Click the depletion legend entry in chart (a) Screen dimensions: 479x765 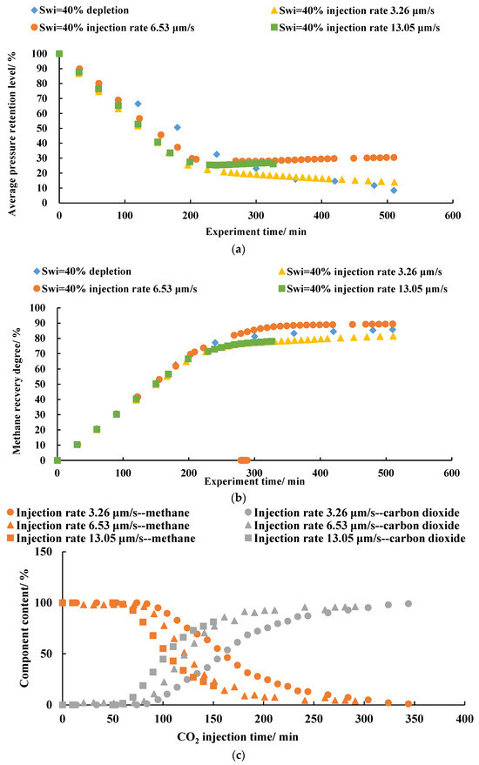pos(80,10)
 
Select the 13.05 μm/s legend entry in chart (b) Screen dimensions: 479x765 pos(363,289)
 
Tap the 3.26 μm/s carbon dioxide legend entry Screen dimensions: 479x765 pos(351,513)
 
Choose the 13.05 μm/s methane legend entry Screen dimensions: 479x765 pos(101,539)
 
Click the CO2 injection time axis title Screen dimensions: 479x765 pos(238,736)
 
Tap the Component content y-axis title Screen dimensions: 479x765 pos(24,628)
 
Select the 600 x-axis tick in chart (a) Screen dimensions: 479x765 pos(453,216)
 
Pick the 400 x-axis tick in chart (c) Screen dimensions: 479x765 pos(464,719)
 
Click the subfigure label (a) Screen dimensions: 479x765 pos(238,249)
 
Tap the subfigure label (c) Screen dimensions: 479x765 pos(238,755)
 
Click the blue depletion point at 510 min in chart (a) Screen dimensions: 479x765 pos(394,191)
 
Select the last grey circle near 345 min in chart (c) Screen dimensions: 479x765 pos(408,603)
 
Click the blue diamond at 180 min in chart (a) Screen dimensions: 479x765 pos(178,127)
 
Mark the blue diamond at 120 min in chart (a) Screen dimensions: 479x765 pos(138,104)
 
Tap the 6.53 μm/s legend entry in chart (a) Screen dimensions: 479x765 pos(112,28)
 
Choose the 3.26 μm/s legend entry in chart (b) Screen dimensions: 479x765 pos(360,272)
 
